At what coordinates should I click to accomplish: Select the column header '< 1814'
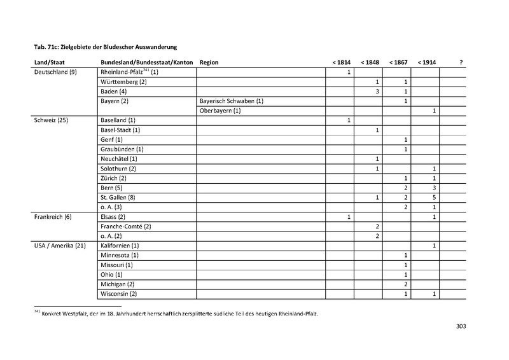[x=340, y=62]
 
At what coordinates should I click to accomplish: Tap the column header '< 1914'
[x=426, y=62]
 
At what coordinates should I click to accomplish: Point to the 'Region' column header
[x=209, y=62]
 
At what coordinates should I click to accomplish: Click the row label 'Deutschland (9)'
[x=46, y=73]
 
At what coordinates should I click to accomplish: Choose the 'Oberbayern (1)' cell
[x=220, y=111]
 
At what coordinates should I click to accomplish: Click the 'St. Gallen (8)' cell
[x=118, y=197]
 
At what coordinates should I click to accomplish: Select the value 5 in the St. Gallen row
[x=433, y=197]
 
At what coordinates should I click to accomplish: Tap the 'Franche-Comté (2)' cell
[x=126, y=226]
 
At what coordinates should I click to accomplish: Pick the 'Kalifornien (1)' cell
[x=120, y=245]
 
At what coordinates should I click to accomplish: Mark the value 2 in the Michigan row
[x=405, y=284]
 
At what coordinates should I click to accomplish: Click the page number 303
[x=462, y=328]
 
